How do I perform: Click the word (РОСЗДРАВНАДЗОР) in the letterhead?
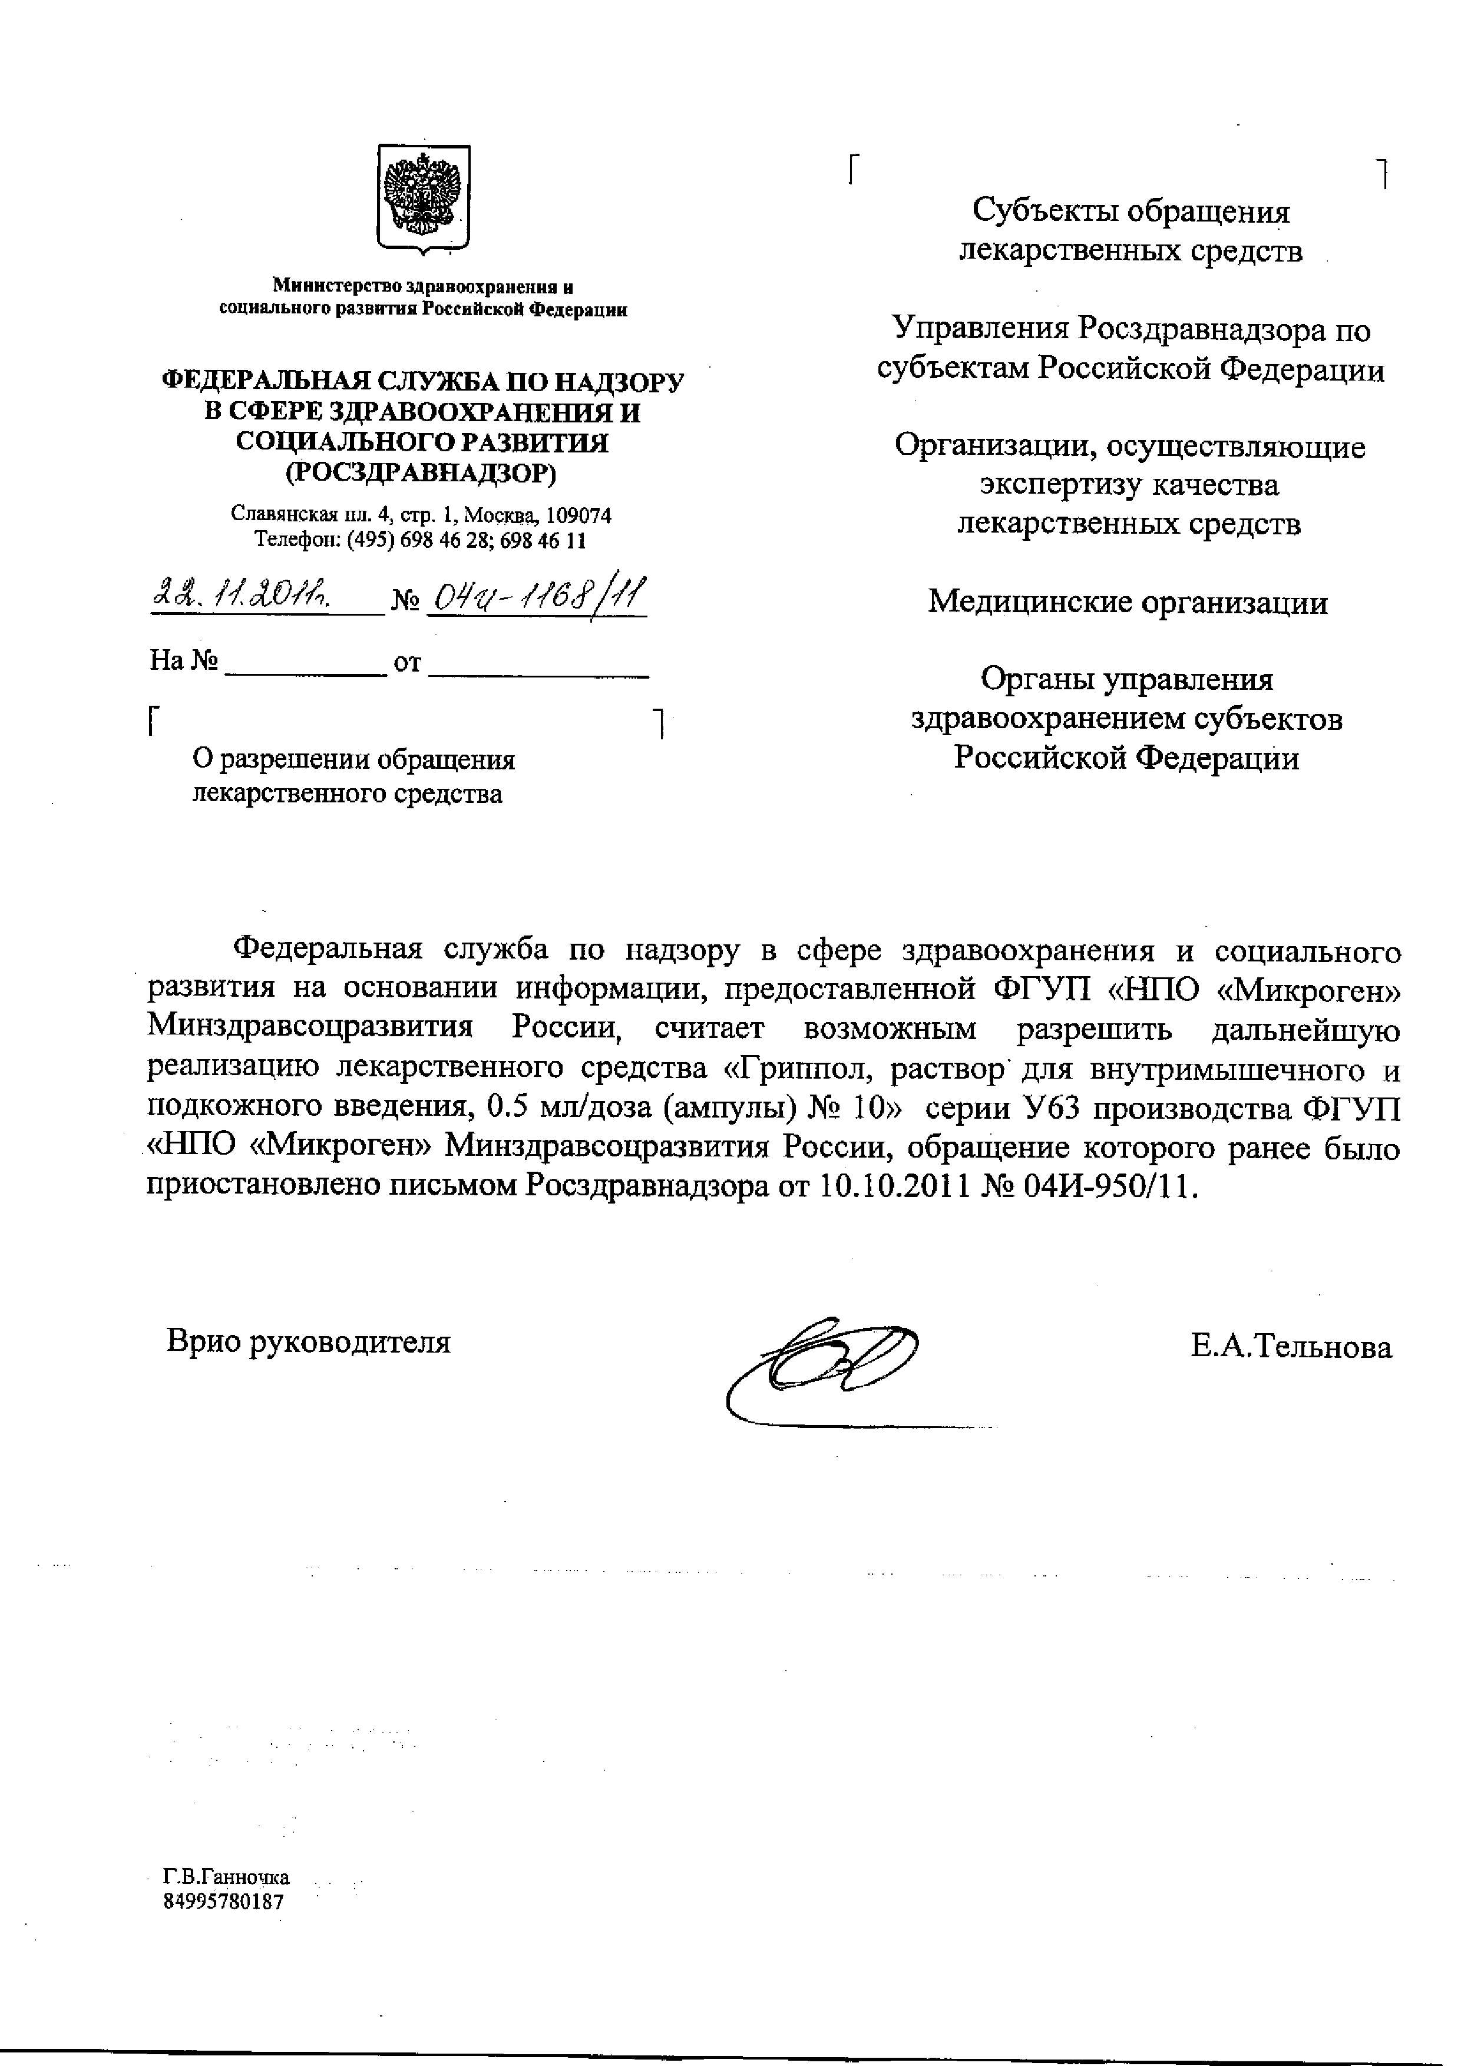421,473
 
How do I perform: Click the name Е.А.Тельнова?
1291,1347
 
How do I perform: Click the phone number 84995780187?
223,1901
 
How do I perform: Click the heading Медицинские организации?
1127,601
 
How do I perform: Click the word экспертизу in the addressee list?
1051,485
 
